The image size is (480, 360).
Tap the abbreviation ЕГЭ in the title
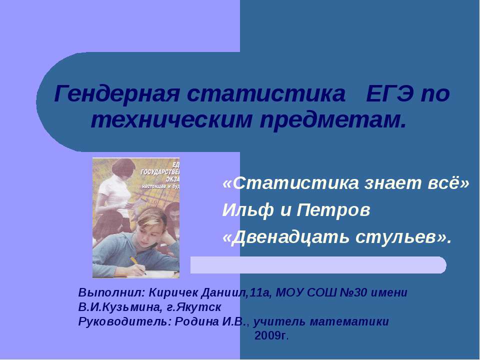(389, 94)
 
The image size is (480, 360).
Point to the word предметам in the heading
(330, 119)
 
